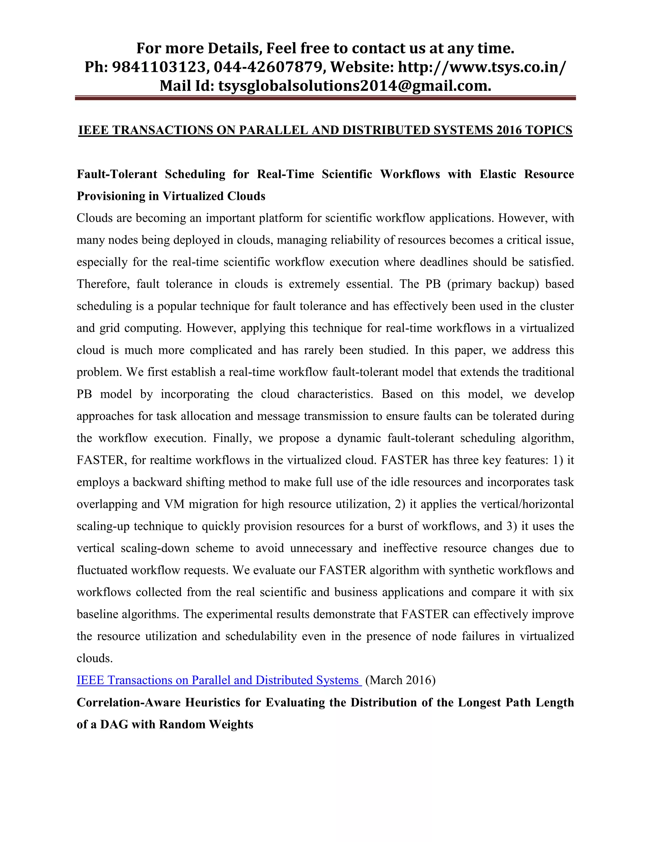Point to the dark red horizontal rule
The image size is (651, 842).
325,98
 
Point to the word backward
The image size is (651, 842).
157,482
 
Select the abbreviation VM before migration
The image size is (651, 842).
174,504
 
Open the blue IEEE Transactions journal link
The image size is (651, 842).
218,680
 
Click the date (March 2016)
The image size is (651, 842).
400,680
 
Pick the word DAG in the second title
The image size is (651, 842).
114,724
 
